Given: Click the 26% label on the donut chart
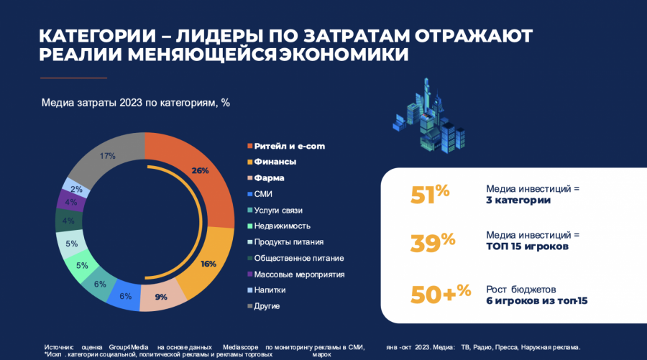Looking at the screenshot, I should [200, 171].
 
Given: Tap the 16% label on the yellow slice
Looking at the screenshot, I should [208, 264].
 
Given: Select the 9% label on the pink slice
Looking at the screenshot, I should [161, 296].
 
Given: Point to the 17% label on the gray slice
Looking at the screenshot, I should [108, 156].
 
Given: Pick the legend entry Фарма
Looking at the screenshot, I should [270, 177].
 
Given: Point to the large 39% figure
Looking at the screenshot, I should [432, 242].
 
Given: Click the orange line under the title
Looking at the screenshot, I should [73, 78].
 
